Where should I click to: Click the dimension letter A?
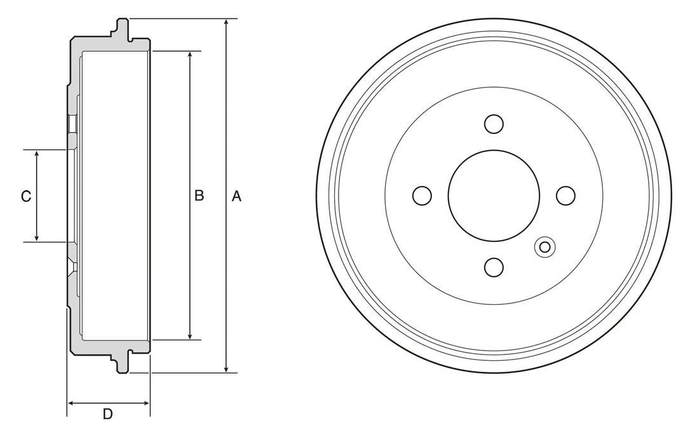(237, 196)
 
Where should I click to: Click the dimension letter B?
(199, 196)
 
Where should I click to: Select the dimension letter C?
(26, 196)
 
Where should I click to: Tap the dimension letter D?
(108, 414)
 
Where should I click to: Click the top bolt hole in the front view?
(494, 124)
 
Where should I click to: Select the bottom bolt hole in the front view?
(494, 267)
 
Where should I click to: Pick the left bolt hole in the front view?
(423, 196)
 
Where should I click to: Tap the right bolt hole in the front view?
(565, 196)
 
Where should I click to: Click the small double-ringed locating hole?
(545, 247)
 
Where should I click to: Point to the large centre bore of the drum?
(494, 196)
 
